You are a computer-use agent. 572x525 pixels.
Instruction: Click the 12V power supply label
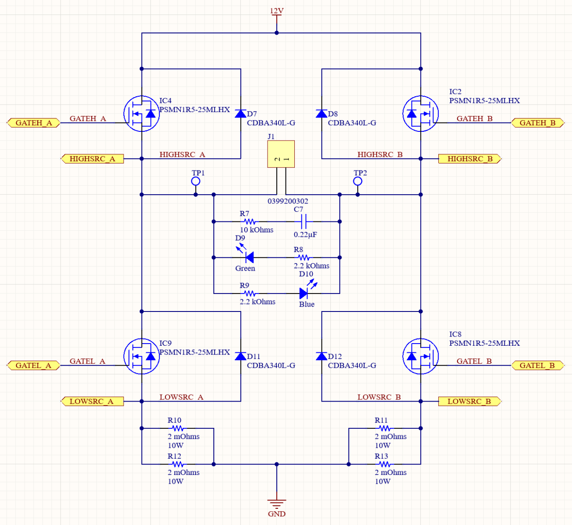point(276,11)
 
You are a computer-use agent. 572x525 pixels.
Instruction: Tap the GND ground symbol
point(276,503)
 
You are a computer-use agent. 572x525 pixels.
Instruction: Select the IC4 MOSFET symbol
point(142,114)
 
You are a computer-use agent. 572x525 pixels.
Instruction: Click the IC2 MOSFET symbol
point(420,114)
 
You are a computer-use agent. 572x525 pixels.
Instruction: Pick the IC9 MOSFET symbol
point(142,356)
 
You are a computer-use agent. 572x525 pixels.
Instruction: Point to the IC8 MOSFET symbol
point(420,356)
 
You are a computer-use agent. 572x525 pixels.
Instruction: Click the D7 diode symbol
point(240,114)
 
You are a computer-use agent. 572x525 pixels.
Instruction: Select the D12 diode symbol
point(322,356)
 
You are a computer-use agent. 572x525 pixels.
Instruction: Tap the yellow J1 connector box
point(281,154)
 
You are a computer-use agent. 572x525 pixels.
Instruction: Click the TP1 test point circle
point(196,181)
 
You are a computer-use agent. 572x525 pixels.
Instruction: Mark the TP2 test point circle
point(358,181)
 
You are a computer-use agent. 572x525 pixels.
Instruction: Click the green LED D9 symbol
point(249,257)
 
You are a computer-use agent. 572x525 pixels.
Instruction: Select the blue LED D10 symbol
point(304,293)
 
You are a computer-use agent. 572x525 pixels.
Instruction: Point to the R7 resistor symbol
point(249,222)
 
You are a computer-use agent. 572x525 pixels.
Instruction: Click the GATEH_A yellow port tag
point(33,123)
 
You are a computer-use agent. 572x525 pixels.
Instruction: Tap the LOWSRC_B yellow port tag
point(469,401)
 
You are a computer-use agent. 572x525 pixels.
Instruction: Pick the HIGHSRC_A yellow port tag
point(92,159)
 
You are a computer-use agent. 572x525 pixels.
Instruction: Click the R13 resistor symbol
point(385,464)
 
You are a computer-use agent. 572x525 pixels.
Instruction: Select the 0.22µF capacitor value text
point(305,235)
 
